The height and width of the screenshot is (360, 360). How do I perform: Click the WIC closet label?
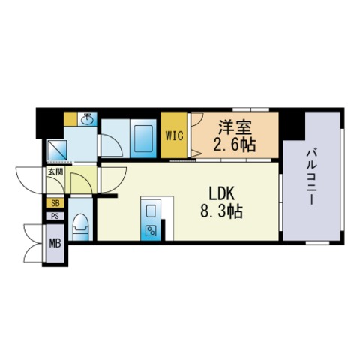point(174,136)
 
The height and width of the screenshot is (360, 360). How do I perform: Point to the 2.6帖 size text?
point(235,145)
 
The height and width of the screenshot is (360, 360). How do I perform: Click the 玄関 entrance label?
point(55,172)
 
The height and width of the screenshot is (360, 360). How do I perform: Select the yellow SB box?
point(55,202)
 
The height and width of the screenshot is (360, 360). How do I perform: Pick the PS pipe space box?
point(55,217)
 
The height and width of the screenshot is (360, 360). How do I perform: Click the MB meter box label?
point(55,243)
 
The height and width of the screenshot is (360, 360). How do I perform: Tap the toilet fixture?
point(81,225)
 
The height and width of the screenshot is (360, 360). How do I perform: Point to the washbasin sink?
point(87,119)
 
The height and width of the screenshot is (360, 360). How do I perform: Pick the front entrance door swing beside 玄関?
point(28,180)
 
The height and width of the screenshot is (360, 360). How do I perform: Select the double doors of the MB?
point(34,242)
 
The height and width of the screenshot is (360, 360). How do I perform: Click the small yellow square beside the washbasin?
point(69,118)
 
